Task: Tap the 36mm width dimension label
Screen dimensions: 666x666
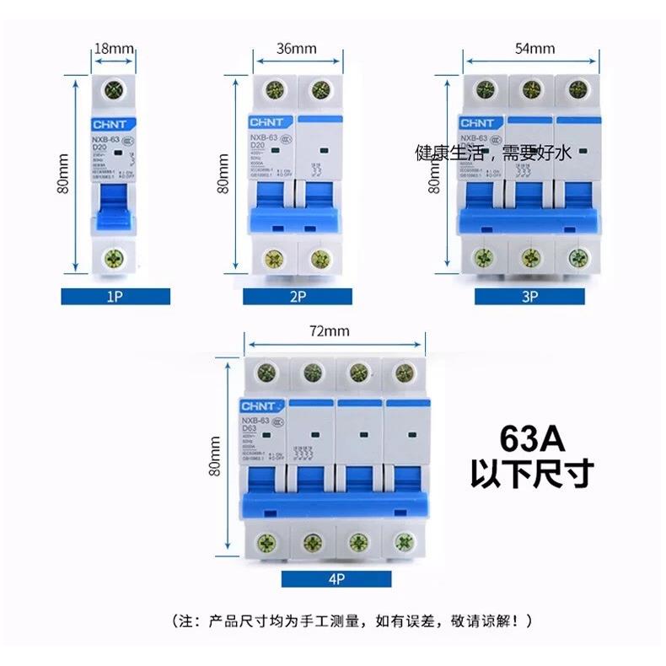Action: (x=296, y=48)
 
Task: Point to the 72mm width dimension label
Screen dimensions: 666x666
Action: (x=328, y=330)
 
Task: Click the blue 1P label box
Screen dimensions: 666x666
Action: (x=115, y=296)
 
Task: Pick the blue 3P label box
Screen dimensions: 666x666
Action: (x=529, y=296)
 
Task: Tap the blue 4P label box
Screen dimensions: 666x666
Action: (x=336, y=577)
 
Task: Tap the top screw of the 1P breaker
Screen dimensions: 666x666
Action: (x=113, y=91)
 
